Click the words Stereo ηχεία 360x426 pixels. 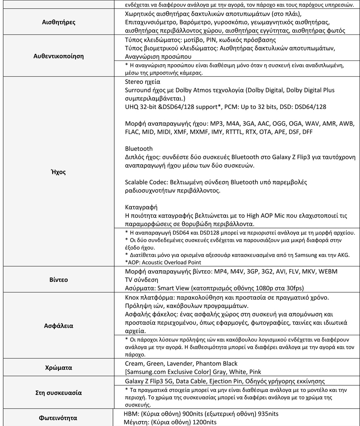143,82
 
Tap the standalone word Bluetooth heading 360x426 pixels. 139,148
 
